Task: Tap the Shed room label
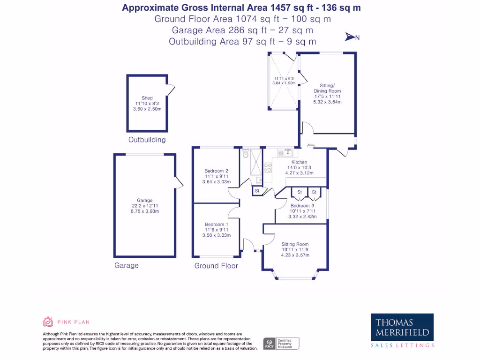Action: (x=147, y=98)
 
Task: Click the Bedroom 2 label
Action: (x=216, y=171)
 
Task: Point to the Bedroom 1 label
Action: (x=216, y=225)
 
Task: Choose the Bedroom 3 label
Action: (x=302, y=206)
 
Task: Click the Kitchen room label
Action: (x=299, y=162)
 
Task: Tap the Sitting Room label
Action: (x=295, y=244)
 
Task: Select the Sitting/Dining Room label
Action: (x=328, y=88)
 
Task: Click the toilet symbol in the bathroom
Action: (x=245, y=152)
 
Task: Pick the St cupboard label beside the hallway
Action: (x=257, y=191)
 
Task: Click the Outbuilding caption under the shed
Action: (x=147, y=140)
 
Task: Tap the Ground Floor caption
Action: (x=216, y=266)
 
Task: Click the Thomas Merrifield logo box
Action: (x=402, y=327)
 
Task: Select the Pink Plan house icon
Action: (x=47, y=322)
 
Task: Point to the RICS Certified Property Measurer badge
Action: (x=281, y=344)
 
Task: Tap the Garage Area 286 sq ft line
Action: (x=242, y=30)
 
